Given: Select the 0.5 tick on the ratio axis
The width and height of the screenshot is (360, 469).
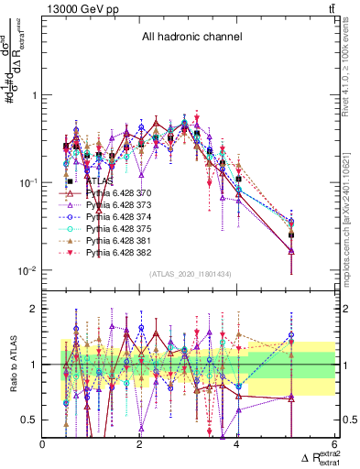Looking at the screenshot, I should click(x=30, y=420).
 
